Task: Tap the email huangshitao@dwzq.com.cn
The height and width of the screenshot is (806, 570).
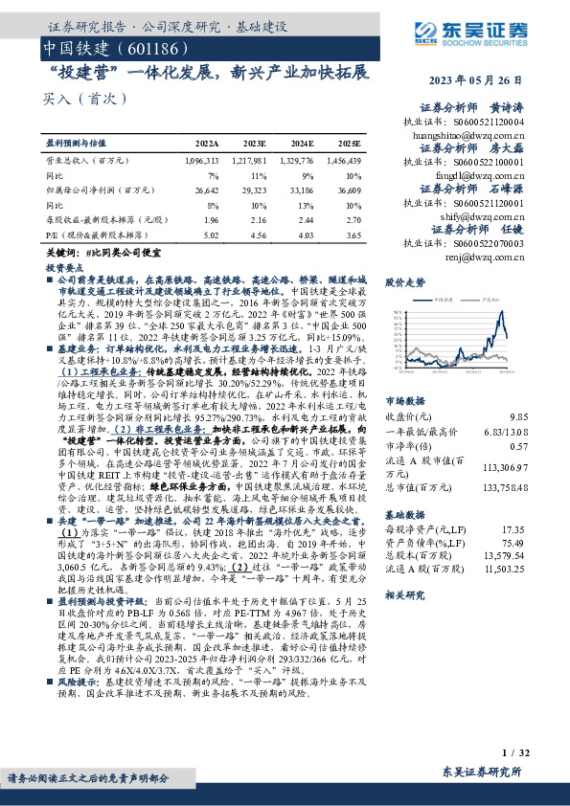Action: [470, 137]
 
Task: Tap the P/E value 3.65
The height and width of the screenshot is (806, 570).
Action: [353, 232]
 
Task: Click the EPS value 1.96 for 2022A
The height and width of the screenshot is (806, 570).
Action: [211, 218]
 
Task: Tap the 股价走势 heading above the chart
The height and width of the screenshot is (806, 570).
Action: [404, 282]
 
